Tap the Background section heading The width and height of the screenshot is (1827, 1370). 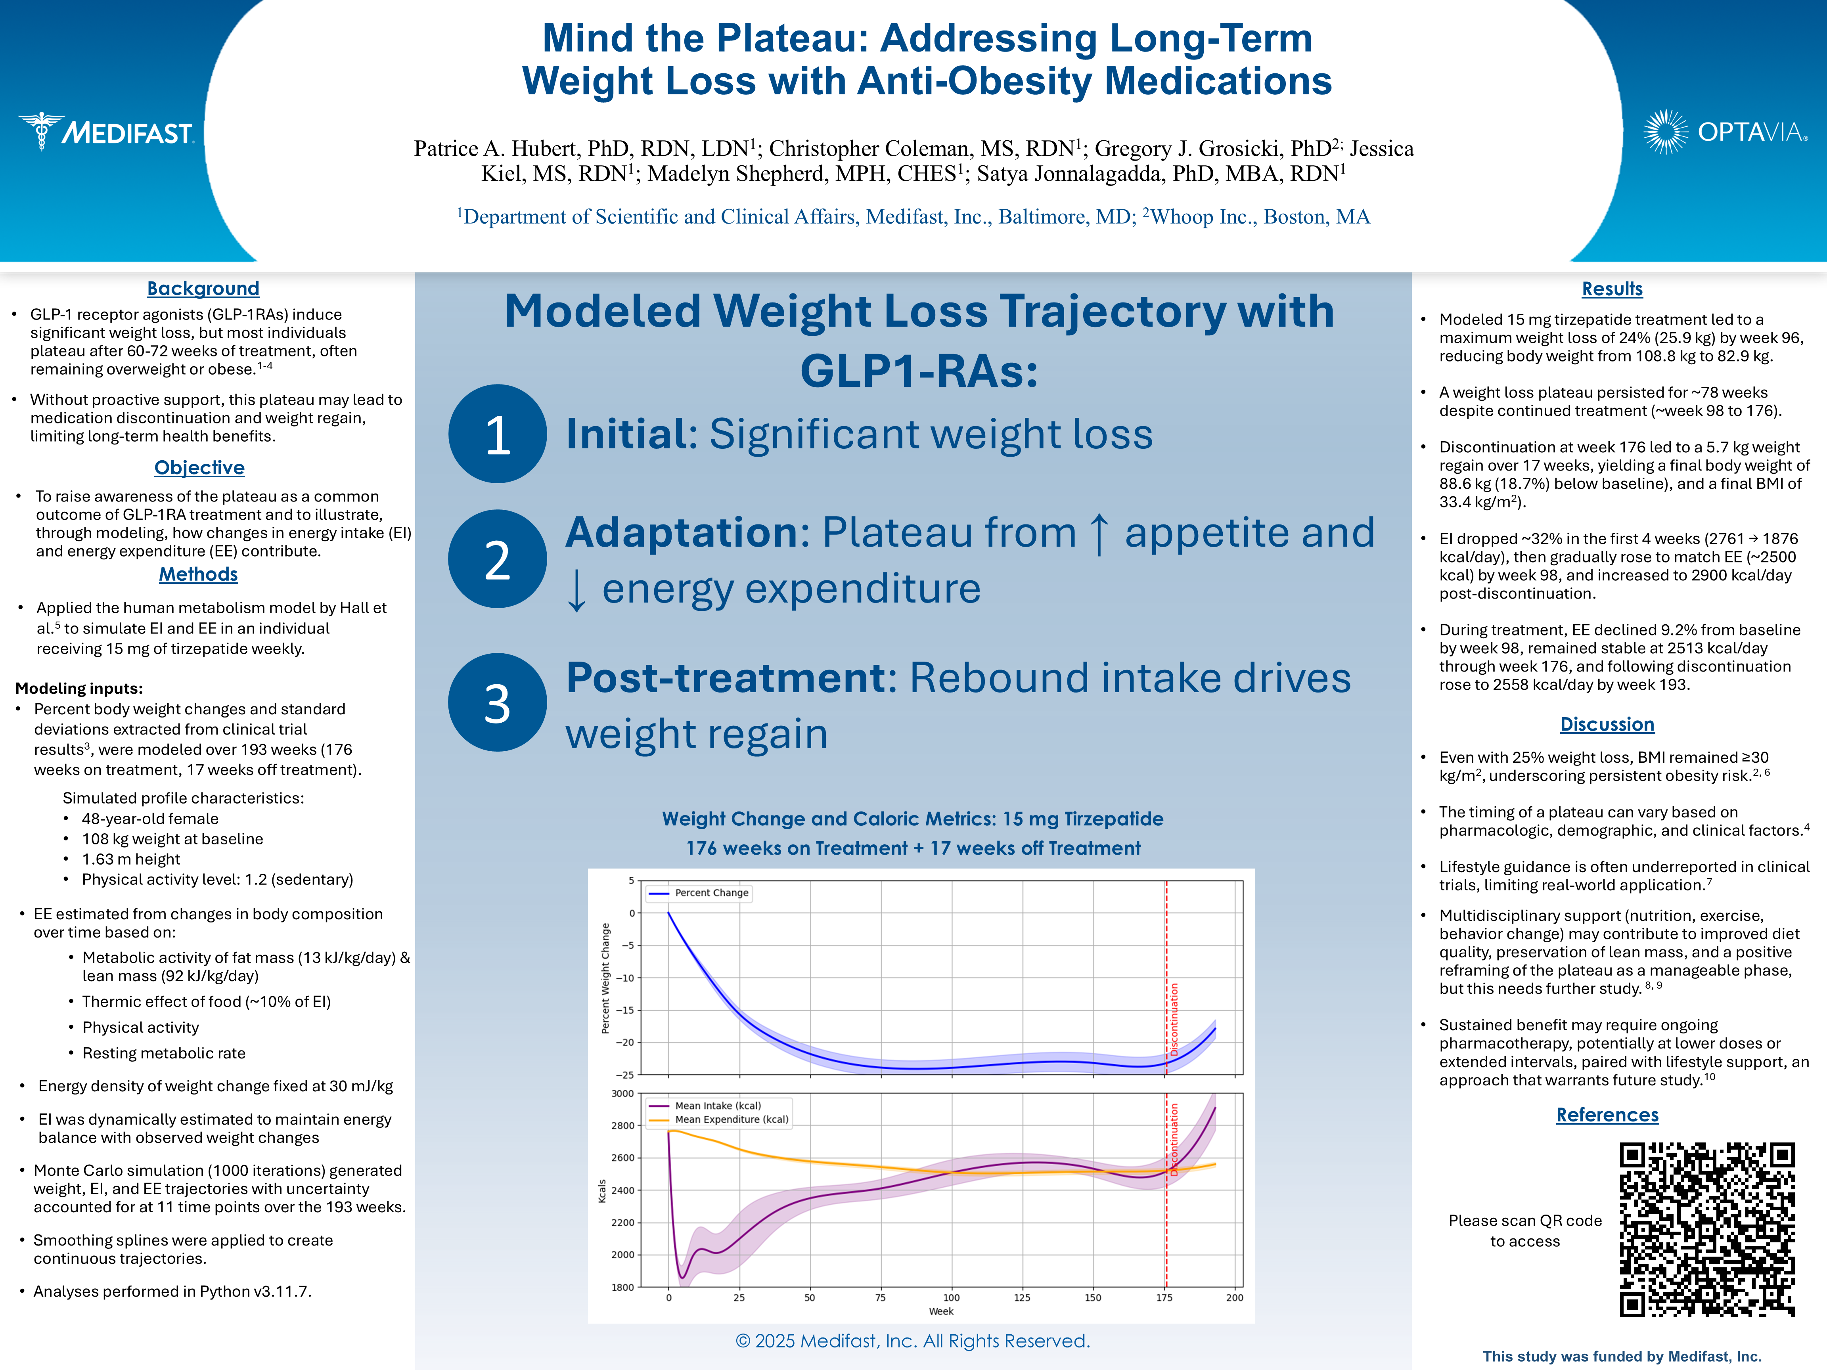[x=203, y=288]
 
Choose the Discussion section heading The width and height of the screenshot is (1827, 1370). [x=1607, y=724]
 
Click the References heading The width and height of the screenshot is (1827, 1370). [x=1607, y=1115]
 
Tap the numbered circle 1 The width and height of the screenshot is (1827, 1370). [x=497, y=434]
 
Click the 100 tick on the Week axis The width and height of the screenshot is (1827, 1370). [x=952, y=1297]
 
